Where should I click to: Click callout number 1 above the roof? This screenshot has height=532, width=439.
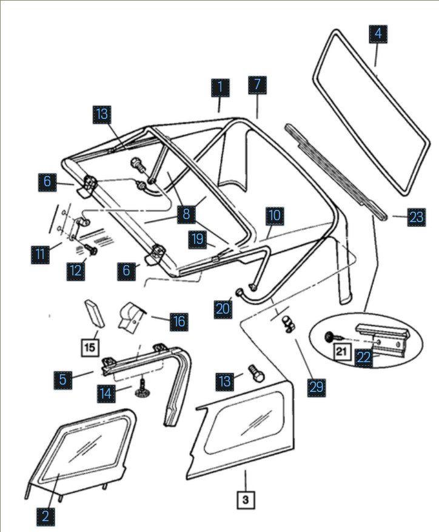220,88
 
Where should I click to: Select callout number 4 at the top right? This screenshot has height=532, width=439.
378,34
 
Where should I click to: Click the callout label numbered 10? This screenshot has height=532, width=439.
275,215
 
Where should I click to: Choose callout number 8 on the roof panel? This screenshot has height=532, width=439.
187,214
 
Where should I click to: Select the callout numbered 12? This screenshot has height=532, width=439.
76,270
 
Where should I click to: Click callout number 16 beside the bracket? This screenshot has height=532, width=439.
178,321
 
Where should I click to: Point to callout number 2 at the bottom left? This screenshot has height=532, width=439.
45,516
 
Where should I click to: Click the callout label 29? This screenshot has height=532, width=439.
316,387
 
